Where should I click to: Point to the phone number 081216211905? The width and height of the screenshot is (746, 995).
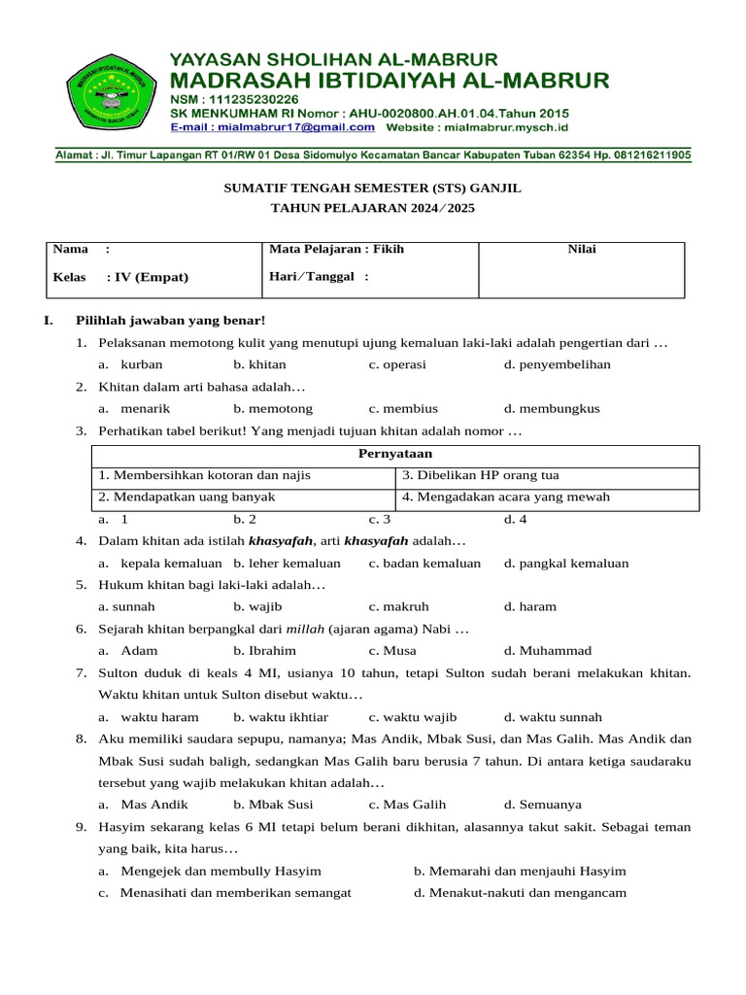645,154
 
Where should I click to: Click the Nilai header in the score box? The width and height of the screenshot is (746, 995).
582,250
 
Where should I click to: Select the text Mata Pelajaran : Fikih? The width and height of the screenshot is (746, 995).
336,250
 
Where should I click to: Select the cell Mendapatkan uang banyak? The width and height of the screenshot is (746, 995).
186,497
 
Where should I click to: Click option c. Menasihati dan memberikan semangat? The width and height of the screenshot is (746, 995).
224,893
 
